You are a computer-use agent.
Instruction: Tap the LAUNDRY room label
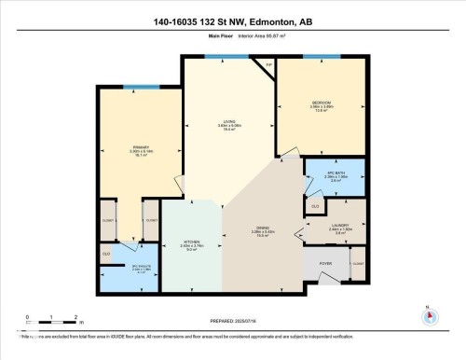[x=338, y=225]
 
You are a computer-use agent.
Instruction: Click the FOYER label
[x=325, y=263]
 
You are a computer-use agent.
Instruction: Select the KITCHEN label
[x=191, y=242]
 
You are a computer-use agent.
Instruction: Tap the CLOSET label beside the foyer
[x=358, y=264]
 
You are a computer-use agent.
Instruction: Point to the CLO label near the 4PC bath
[x=315, y=205]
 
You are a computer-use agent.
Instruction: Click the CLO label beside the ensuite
[x=107, y=253]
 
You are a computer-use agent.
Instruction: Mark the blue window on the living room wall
[x=219, y=57]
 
